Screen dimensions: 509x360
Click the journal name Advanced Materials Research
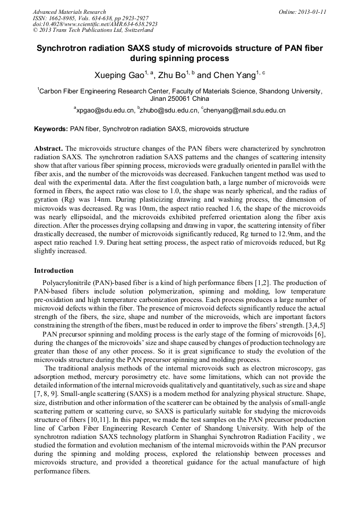tap(69, 12)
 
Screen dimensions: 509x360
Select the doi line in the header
tap(95, 24)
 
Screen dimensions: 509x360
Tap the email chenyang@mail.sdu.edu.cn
tap(245, 110)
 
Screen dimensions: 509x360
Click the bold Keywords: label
tap(51, 129)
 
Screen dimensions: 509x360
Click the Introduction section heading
tap(54, 271)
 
